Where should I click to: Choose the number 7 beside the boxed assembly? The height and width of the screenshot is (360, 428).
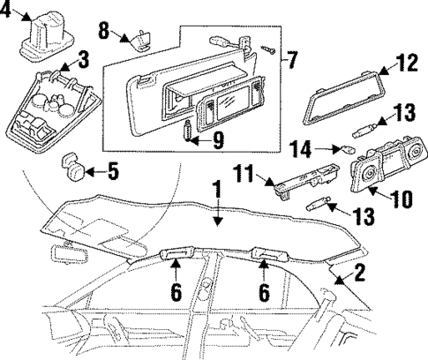pyautogui.click(x=292, y=62)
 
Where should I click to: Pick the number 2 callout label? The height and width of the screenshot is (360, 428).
pyautogui.click(x=358, y=273)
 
